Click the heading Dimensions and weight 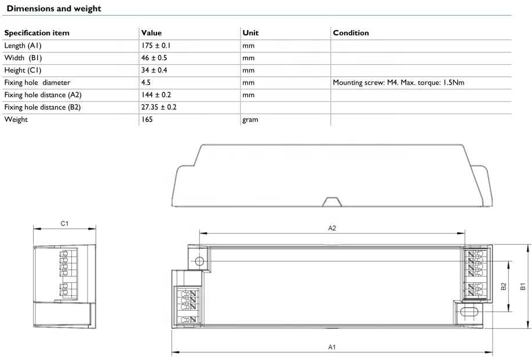pyautogui.click(x=54, y=9)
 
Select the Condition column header pyautogui.click(x=351, y=33)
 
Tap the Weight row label pyautogui.click(x=16, y=119)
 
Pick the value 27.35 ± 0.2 pyautogui.click(x=159, y=107)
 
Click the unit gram pyautogui.click(x=250, y=119)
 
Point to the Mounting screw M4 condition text pyautogui.click(x=398, y=82)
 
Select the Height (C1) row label pyautogui.click(x=24, y=70)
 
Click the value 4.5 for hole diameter pyautogui.click(x=146, y=82)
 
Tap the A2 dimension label pyautogui.click(x=332, y=228)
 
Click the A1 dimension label pyautogui.click(x=332, y=347)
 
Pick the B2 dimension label pyautogui.click(x=503, y=286)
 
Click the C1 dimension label pyautogui.click(x=65, y=223)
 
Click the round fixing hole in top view pyautogui.click(x=199, y=261)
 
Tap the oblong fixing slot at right pyautogui.click(x=468, y=312)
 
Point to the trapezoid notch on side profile pyautogui.click(x=331, y=201)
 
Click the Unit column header pyautogui.click(x=250, y=33)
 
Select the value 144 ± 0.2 pyautogui.click(x=156, y=94)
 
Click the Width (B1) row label pyautogui.click(x=23, y=58)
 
